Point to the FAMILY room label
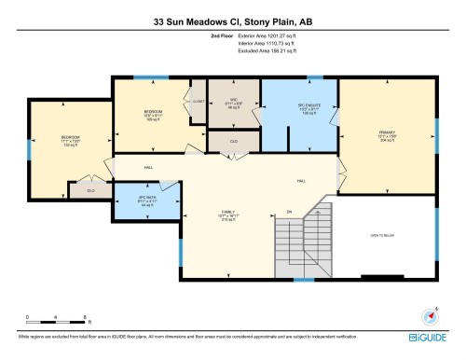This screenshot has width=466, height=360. (x=228, y=215)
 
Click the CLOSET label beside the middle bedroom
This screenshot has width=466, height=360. (x=198, y=100)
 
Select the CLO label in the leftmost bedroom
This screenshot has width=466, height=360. (x=90, y=190)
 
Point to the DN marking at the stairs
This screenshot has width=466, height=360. (x=290, y=212)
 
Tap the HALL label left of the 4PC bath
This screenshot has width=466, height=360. (x=149, y=168)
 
